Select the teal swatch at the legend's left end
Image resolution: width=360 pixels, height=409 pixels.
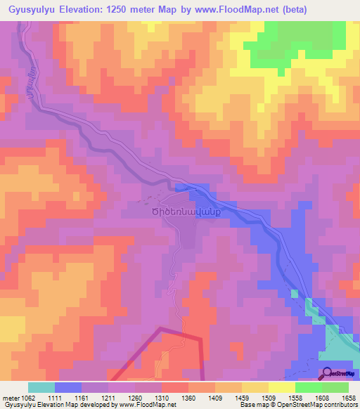click(x=41, y=387)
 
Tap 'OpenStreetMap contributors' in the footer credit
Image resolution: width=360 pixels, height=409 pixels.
click(x=316, y=405)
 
